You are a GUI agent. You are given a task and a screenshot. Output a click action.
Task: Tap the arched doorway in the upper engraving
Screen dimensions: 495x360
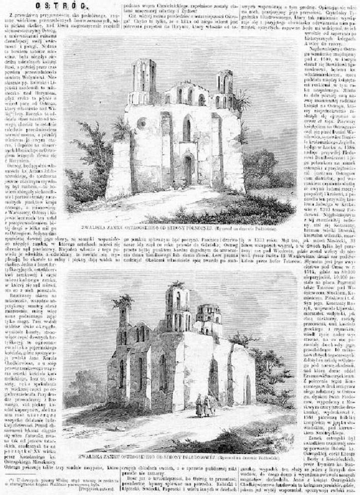tap(189, 170)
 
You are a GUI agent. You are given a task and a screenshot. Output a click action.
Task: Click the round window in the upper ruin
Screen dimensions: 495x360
tap(141, 124)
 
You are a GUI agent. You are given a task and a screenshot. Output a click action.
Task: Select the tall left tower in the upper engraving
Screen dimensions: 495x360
tap(144, 82)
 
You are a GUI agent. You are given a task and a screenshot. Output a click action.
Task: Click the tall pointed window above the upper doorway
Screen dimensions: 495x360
tap(189, 128)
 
